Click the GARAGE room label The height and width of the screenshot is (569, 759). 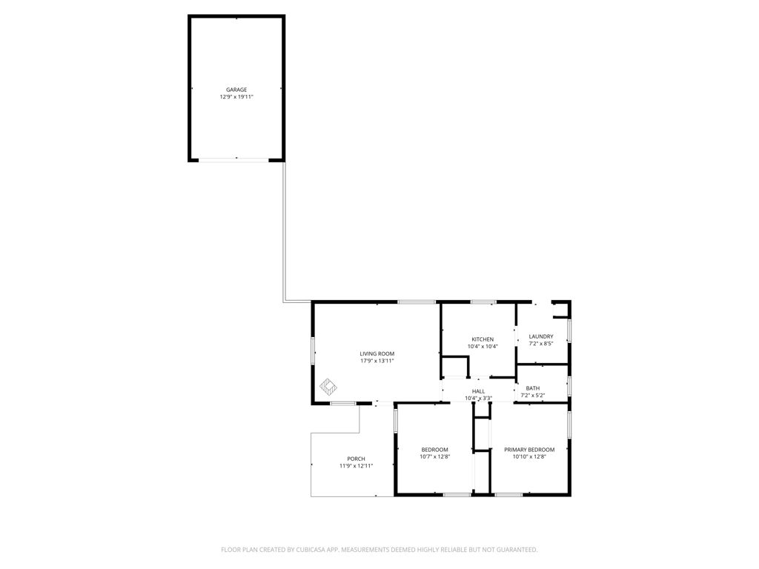pos(236,90)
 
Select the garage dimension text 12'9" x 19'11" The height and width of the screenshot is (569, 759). pos(236,97)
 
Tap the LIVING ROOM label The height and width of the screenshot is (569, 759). pos(377,354)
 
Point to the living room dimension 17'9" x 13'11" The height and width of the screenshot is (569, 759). pos(377,362)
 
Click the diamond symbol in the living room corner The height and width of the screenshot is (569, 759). pos(328,387)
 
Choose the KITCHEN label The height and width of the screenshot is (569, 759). pos(483,339)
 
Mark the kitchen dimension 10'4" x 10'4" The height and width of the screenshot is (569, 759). pos(483,347)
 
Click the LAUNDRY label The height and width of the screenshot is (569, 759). pos(541,336)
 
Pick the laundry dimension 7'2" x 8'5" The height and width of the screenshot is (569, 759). pos(541,344)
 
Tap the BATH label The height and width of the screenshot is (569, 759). pos(533,388)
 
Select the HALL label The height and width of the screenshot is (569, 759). pos(479,391)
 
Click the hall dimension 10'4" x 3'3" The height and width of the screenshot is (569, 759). pos(479,399)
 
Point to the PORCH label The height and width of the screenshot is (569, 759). pos(356,459)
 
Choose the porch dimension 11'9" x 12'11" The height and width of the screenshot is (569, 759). pos(356,466)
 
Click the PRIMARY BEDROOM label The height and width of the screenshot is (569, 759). pos(529,450)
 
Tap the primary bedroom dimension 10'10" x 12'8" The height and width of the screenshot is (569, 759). pos(529,457)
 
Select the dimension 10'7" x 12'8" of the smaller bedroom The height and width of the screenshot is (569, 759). pos(435,457)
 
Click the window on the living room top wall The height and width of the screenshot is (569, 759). pos(417,302)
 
